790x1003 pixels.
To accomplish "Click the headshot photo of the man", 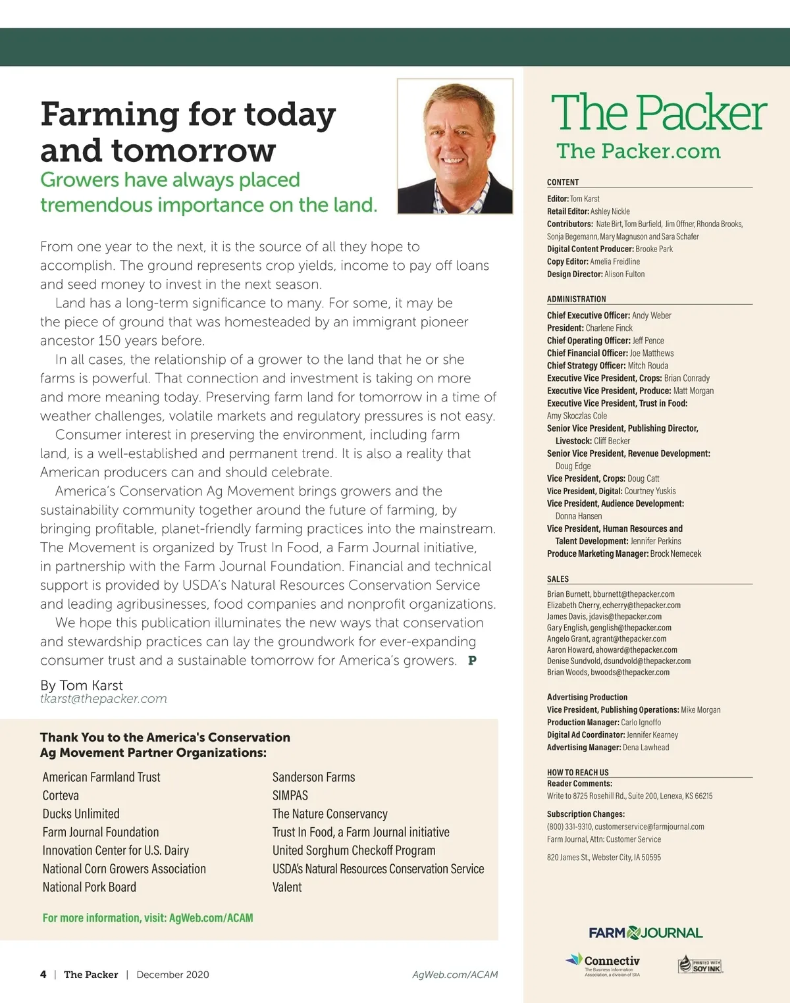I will [455, 147].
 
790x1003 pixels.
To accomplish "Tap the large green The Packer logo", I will [658, 113].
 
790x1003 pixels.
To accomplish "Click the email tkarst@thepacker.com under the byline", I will [103, 699].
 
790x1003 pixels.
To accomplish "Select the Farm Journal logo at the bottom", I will [645, 933].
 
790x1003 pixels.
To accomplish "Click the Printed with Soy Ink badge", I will [700, 965].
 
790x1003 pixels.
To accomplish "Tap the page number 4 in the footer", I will [43, 975].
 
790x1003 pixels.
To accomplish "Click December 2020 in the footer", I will [172, 975].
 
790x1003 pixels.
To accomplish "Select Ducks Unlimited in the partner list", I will [81, 814].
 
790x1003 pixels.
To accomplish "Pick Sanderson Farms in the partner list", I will [313, 777].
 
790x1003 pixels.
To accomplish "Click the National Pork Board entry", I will [90, 887].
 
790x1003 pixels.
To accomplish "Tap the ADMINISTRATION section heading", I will [576, 299].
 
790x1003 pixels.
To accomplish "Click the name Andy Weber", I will [651, 315].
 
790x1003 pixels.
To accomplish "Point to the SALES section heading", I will [558, 579].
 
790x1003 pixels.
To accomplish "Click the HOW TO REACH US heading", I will [577, 773].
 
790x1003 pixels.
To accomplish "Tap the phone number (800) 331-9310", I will [569, 827].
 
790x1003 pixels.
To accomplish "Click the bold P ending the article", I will [472, 661].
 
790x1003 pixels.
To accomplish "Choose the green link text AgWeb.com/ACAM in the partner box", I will [211, 918].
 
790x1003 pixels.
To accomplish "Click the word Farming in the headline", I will [109, 115].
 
